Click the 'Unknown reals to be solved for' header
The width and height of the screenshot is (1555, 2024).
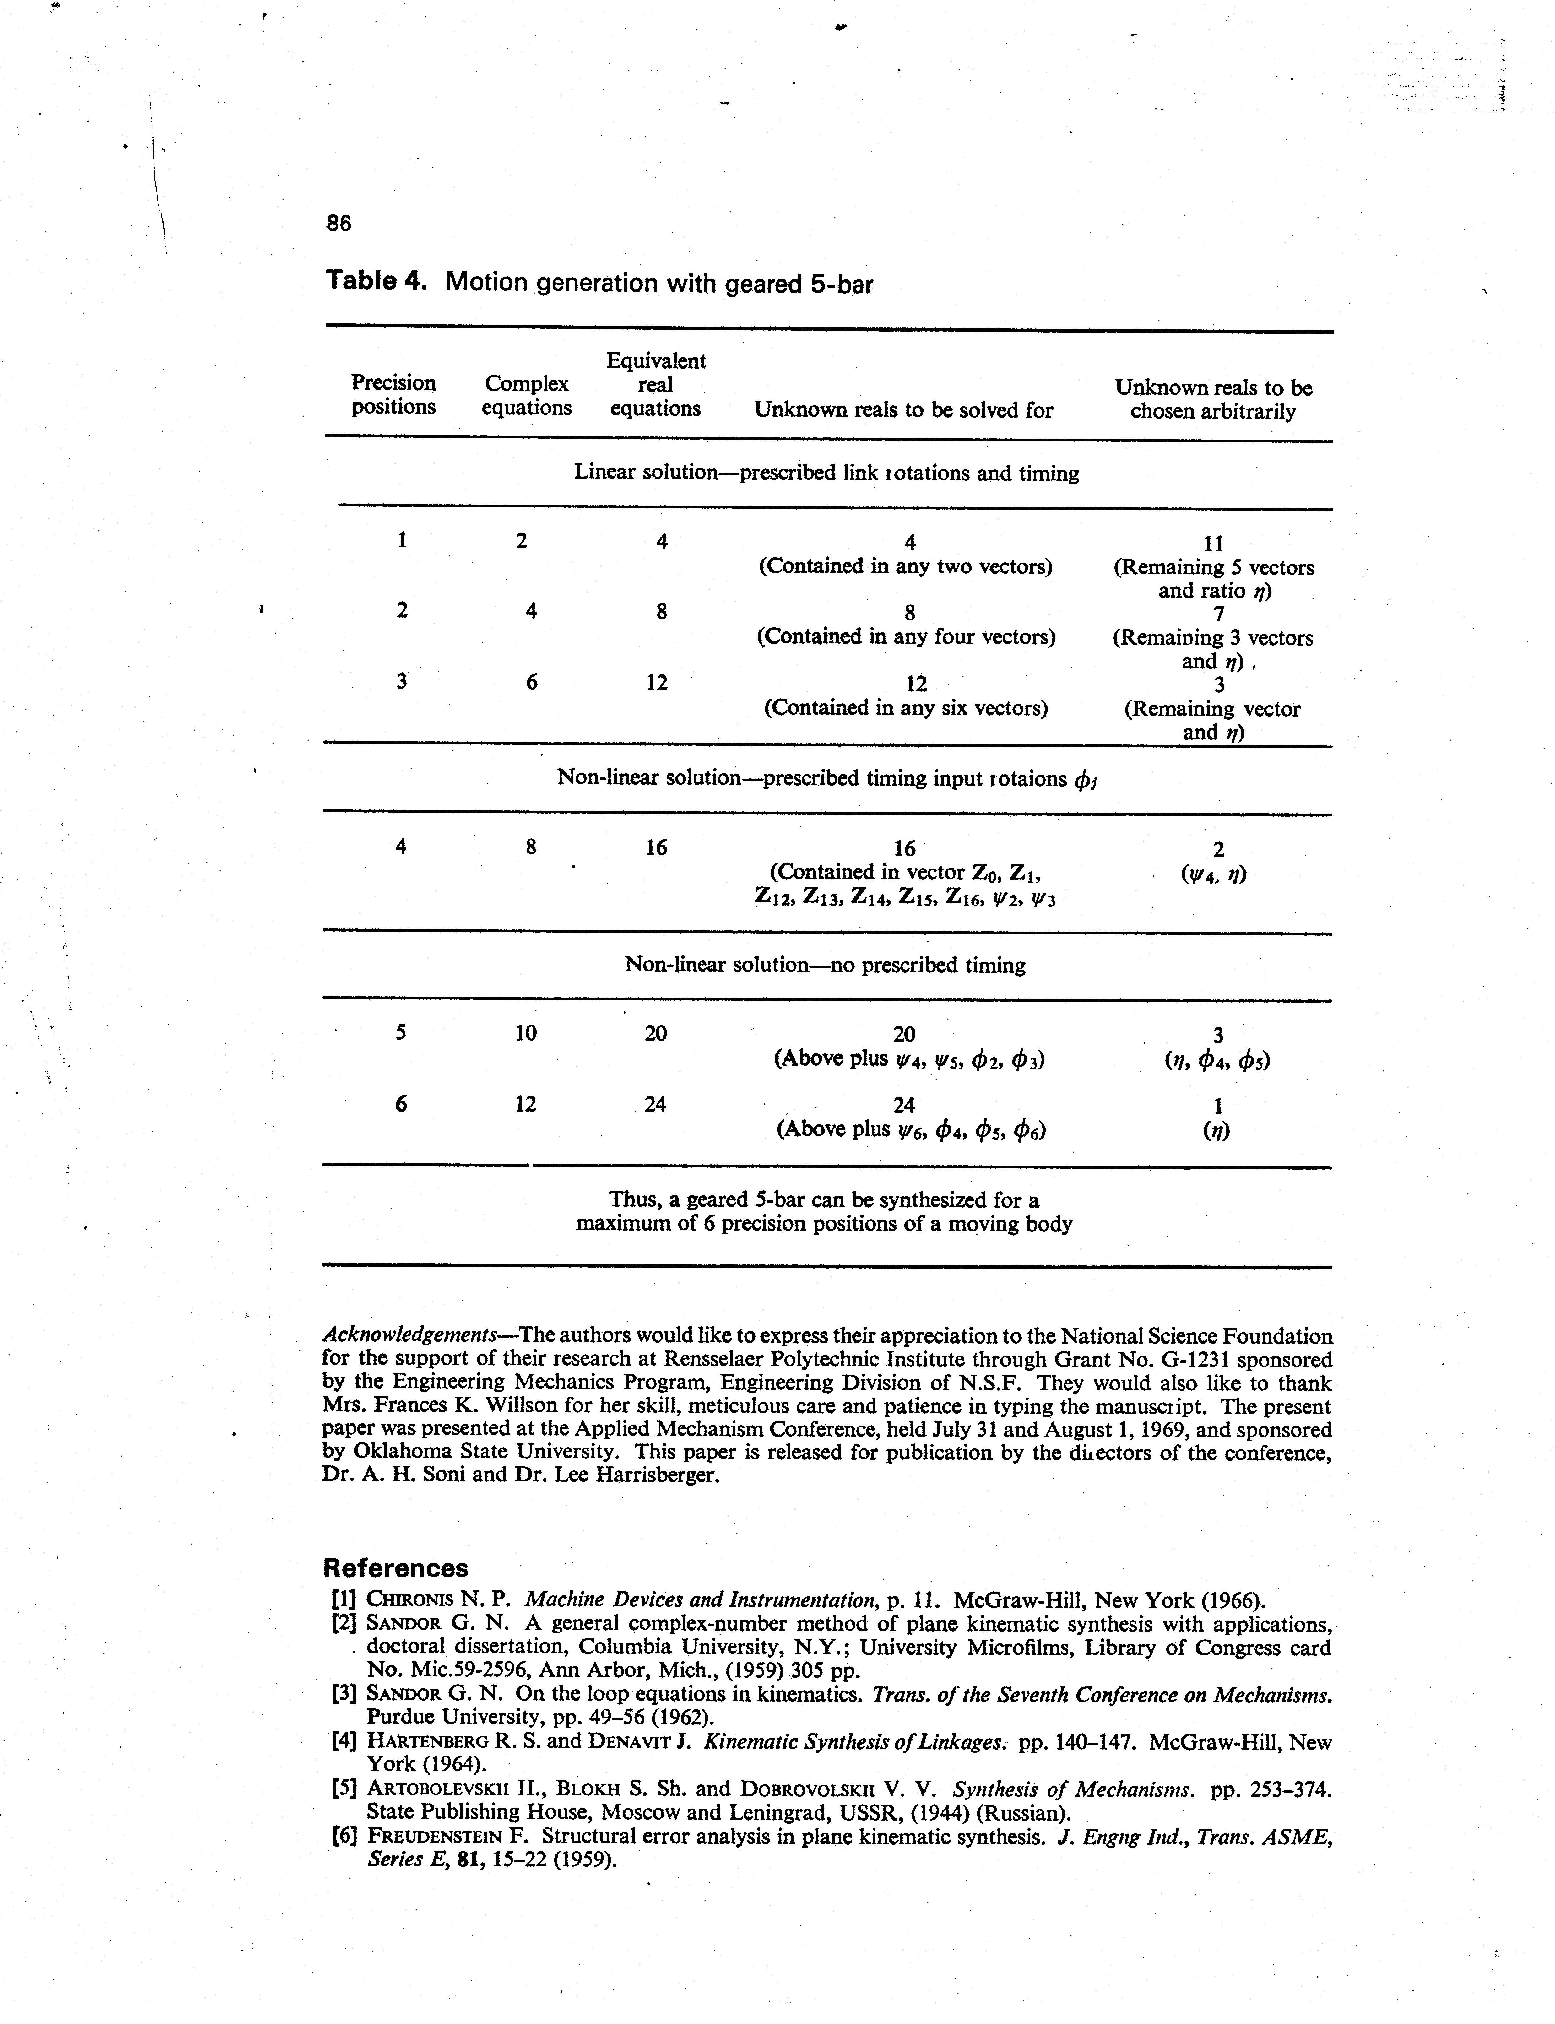click(903, 410)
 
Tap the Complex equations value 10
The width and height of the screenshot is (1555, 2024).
click(526, 1033)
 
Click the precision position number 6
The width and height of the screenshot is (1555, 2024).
click(401, 1104)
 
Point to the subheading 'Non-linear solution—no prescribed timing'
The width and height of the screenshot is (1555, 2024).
click(825, 965)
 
